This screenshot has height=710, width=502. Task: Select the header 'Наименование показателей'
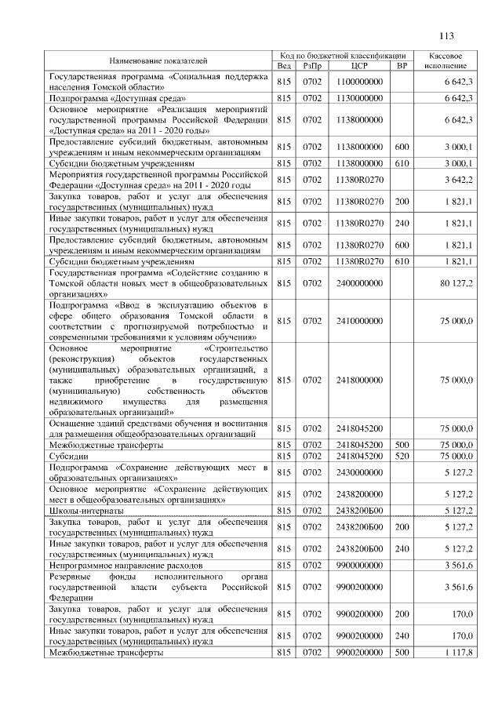[x=158, y=60]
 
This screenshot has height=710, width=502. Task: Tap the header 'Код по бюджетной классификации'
[x=343, y=55]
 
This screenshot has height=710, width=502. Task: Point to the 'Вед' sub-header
[x=284, y=66]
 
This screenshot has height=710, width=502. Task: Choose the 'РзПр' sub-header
[x=312, y=66]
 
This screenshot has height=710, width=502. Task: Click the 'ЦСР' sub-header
[x=359, y=66]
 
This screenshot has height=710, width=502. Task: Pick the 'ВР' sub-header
[x=402, y=66]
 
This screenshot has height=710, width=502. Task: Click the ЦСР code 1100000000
[x=359, y=82]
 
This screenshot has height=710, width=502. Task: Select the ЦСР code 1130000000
[x=359, y=98]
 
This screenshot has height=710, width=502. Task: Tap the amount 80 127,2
[x=457, y=282]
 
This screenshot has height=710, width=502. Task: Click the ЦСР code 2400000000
[x=359, y=282]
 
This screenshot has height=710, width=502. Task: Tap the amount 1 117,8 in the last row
[x=458, y=653]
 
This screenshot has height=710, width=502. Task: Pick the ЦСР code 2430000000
[x=359, y=472]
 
